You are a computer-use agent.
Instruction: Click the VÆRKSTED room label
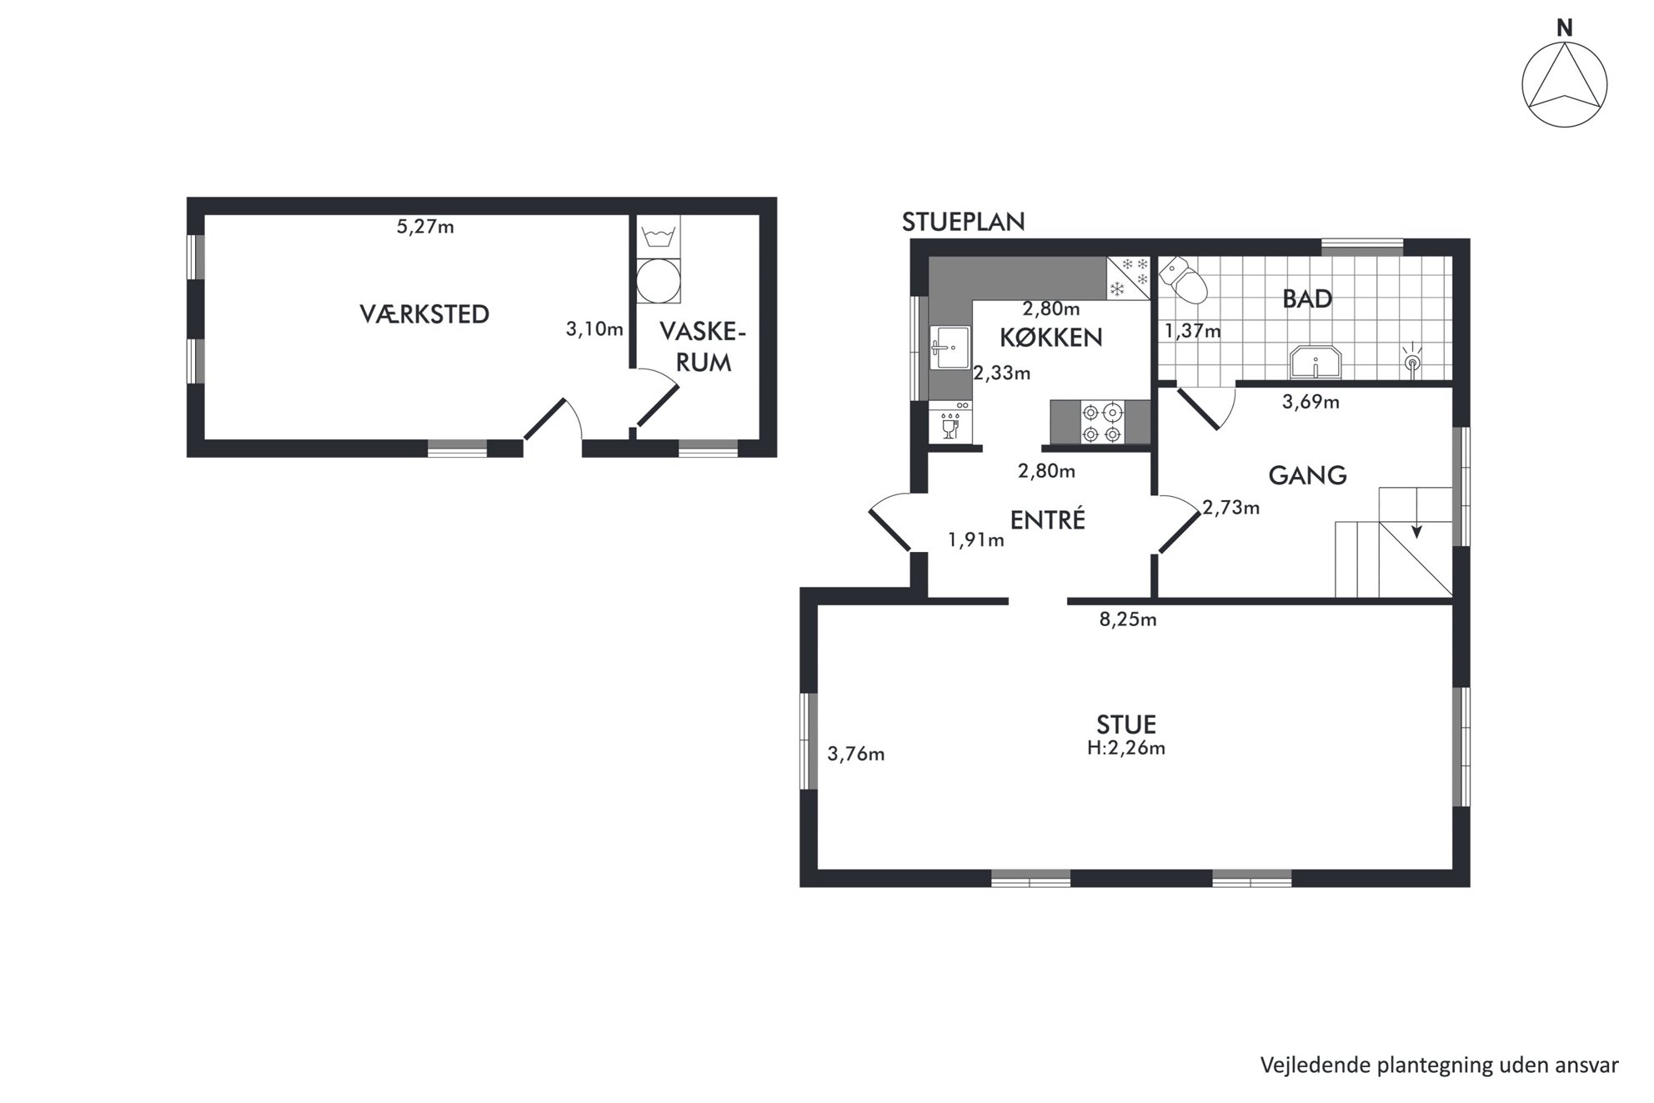click(x=424, y=314)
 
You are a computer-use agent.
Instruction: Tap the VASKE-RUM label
click(x=703, y=347)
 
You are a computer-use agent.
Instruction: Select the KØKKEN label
click(x=1050, y=338)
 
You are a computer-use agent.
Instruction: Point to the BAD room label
click(x=1307, y=298)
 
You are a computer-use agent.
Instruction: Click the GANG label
click(x=1307, y=475)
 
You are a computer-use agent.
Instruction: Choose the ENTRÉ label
click(x=1048, y=519)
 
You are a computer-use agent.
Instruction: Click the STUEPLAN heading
click(x=963, y=222)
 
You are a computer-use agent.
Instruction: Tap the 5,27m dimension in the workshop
click(x=425, y=227)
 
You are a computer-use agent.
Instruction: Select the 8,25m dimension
click(x=1128, y=619)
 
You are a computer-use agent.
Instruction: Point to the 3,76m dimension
click(x=856, y=755)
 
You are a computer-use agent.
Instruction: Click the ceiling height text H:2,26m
click(x=1126, y=748)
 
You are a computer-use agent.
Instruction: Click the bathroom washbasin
click(x=1315, y=363)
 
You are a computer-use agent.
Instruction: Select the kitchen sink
click(x=950, y=348)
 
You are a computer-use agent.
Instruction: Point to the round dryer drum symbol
click(x=659, y=281)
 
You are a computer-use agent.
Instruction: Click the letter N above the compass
click(x=1565, y=28)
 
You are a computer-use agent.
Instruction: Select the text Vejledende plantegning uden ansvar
click(x=1440, y=1065)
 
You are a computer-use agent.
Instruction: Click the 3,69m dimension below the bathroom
click(x=1311, y=402)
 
